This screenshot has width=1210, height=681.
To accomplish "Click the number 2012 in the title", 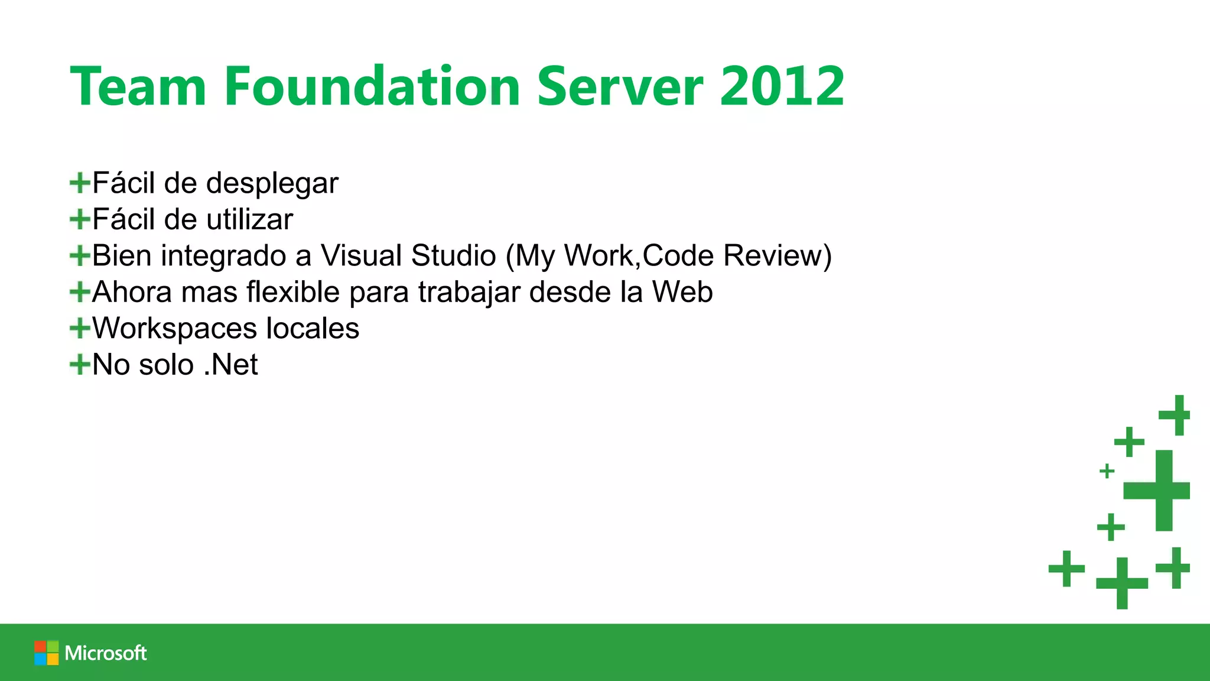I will pos(782,87).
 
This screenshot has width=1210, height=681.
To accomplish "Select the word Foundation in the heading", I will pos(372,87).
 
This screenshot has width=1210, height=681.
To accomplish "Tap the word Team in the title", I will pos(138,87).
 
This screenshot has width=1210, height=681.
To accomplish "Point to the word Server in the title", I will pos(620,87).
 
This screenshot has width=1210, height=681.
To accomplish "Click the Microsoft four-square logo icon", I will pos(46,653).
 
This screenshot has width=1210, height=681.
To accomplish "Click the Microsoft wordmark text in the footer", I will pos(106,653).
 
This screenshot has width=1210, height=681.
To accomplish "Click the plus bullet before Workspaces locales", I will pos(80,328).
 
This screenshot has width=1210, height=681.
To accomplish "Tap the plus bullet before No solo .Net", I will pos(80,364).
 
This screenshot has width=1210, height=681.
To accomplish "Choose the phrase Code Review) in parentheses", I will pos(737,256).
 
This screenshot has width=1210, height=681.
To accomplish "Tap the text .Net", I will pos(230,365).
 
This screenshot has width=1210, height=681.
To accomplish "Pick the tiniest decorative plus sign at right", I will pos(1107,471).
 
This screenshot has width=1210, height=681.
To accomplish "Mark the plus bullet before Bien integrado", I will pos(80,256).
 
